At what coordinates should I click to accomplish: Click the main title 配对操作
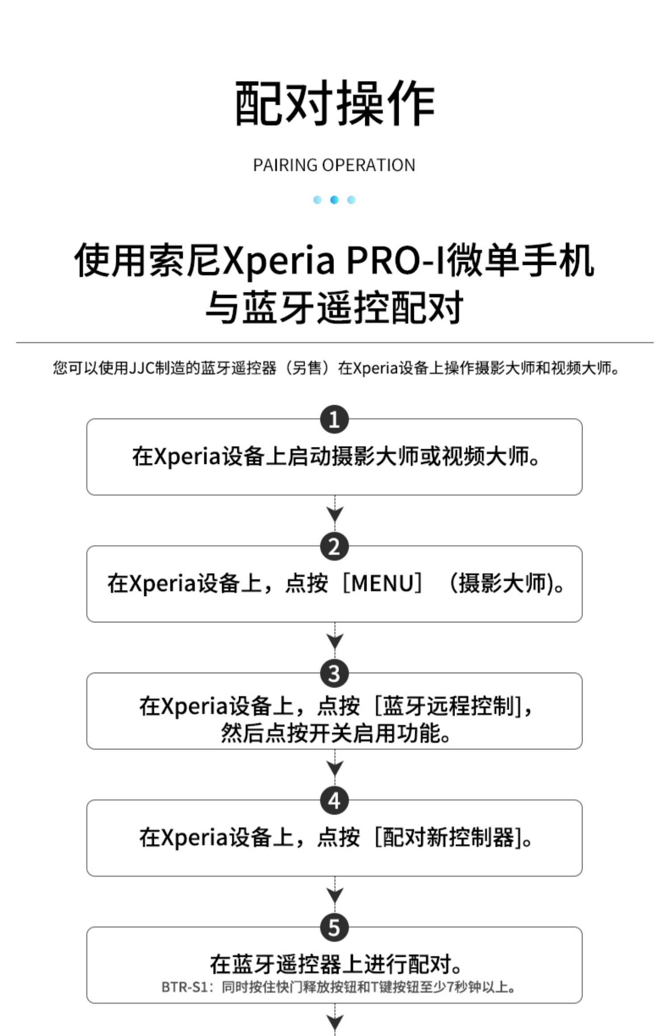tap(334, 104)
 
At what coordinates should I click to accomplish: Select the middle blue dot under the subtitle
tap(334, 200)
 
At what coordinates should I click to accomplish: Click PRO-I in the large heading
tap(395, 261)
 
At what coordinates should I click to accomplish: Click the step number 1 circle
tap(334, 419)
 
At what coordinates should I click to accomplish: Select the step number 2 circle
tap(334, 547)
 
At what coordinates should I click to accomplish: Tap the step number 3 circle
tap(334, 674)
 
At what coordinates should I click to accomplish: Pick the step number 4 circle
tap(334, 801)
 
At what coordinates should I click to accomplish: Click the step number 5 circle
tap(334, 928)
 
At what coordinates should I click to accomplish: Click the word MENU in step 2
tap(383, 583)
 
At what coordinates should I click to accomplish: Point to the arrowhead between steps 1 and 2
tap(335, 515)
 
